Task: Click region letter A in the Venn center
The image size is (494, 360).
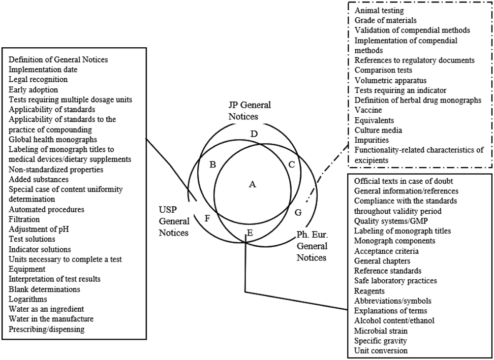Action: [252, 185]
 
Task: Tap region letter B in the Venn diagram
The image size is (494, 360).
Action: [213, 164]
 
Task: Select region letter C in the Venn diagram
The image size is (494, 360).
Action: [291, 164]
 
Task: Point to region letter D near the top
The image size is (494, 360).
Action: [255, 134]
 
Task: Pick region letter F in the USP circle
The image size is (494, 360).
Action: [207, 219]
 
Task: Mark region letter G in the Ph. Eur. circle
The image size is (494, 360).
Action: [298, 211]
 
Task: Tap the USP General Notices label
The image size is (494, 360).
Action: [174, 221]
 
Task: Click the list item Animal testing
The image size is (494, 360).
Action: [379, 10]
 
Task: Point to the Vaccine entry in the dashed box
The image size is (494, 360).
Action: [368, 110]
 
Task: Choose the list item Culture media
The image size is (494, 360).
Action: [378, 130]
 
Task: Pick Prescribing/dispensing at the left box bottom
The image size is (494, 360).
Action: [47, 329]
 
